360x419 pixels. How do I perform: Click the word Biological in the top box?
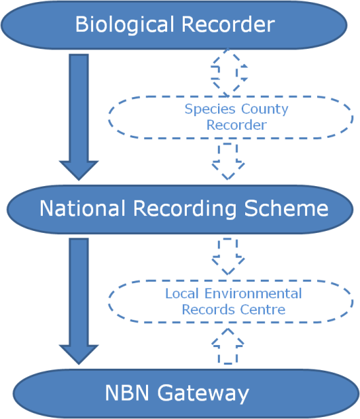[122, 25]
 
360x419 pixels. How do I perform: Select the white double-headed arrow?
[229, 72]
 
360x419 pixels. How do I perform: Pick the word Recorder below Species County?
[236, 125]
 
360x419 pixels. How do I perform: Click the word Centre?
[266, 310]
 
